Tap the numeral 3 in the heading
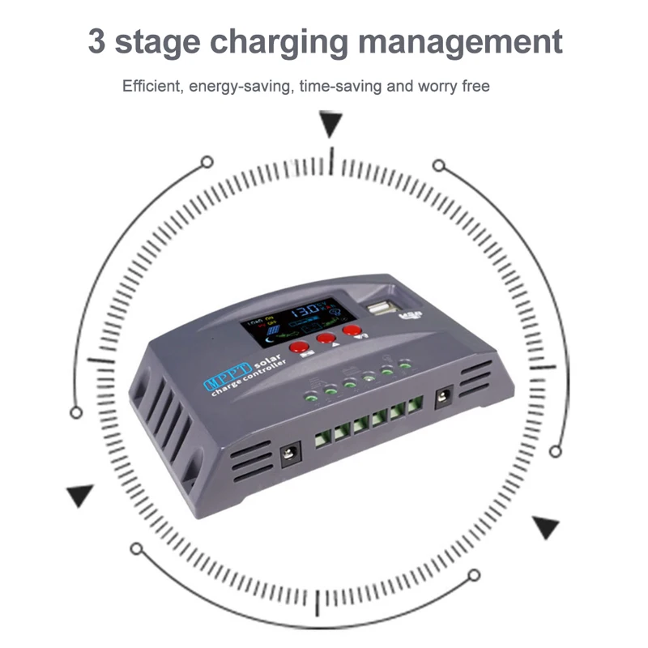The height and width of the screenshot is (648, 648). (97, 42)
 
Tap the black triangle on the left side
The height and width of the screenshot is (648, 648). (79, 495)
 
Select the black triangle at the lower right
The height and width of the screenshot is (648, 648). (545, 527)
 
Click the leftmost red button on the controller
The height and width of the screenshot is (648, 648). (300, 347)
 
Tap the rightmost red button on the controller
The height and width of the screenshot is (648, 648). (352, 330)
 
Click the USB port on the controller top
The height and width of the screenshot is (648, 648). (380, 308)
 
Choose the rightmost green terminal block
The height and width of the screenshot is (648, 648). (416, 403)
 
